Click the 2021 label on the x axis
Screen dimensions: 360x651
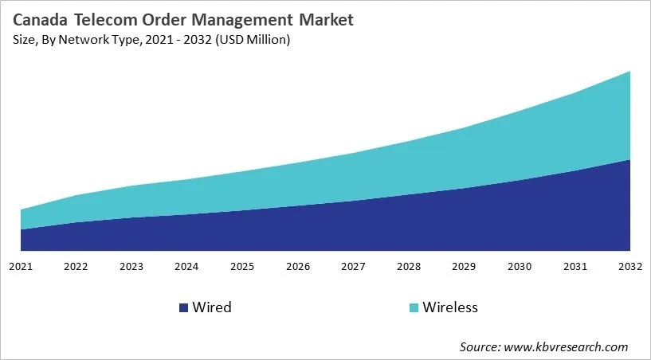pyautogui.click(x=20, y=265)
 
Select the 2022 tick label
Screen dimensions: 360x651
pyautogui.click(x=76, y=265)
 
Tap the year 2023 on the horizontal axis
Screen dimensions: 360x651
pyautogui.click(x=131, y=265)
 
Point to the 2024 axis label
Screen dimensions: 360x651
pyautogui.click(x=186, y=265)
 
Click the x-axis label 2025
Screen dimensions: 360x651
pyautogui.click(x=242, y=265)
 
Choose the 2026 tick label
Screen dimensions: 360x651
pyautogui.click(x=298, y=265)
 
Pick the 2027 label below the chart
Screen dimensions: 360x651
pyautogui.click(x=353, y=265)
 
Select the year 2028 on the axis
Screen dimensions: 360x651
pyautogui.click(x=409, y=265)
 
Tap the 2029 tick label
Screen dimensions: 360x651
pyautogui.click(x=465, y=265)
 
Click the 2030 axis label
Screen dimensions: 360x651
pyautogui.click(x=520, y=265)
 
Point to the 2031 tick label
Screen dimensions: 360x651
pyautogui.click(x=575, y=265)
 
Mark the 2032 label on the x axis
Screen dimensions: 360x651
pyautogui.click(x=629, y=265)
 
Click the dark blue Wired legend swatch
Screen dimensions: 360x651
pyautogui.click(x=183, y=307)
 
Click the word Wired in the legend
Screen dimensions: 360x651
pyautogui.click(x=211, y=307)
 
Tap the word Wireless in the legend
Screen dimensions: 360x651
pyautogui.click(x=449, y=307)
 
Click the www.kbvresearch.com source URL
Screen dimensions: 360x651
pyautogui.click(x=567, y=346)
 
